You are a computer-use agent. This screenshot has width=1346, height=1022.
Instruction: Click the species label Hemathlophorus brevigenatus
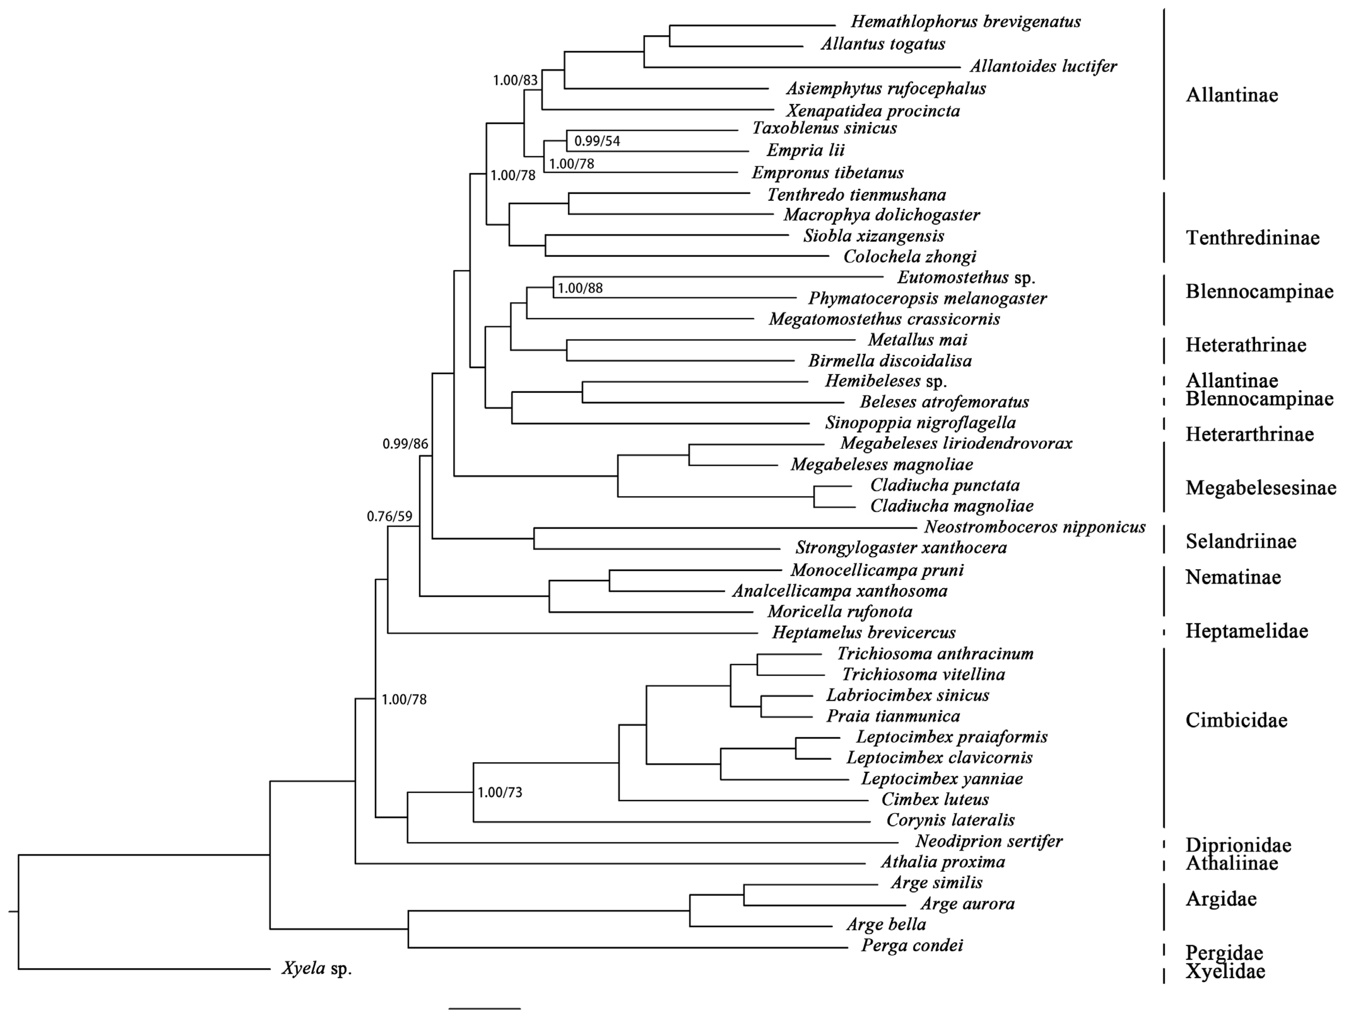[x=966, y=22]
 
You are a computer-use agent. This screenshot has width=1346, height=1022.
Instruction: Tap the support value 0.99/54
[x=597, y=141]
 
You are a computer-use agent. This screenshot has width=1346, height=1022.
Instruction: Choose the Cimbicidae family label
[x=1236, y=720]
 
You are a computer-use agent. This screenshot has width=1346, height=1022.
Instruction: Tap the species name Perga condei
[x=912, y=945]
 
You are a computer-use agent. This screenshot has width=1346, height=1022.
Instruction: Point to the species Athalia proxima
[x=942, y=862]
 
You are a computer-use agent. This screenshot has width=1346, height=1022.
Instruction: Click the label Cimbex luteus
[x=935, y=799]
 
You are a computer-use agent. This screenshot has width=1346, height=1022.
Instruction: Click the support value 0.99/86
[x=405, y=444]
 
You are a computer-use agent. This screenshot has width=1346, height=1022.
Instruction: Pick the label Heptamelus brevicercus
[x=864, y=633]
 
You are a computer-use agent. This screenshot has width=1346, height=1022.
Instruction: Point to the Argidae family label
[x=1221, y=899]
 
